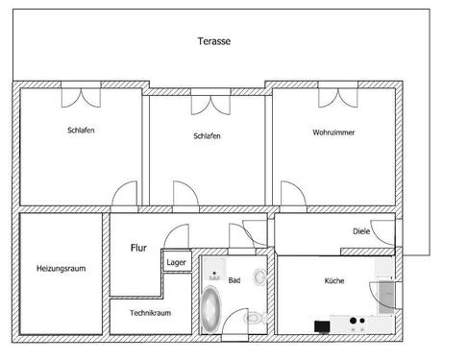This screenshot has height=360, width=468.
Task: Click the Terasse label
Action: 213,41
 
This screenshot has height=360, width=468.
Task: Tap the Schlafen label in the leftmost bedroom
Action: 81,131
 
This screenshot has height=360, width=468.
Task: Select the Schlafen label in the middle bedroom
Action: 207,136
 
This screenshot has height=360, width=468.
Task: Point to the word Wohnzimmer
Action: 333,132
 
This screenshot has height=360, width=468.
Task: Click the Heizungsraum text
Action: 61,268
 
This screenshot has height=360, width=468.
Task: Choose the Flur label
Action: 138,247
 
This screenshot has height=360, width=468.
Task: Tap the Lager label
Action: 176,262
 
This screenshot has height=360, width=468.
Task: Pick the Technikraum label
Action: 151,314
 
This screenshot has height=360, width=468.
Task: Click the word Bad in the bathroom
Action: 234,280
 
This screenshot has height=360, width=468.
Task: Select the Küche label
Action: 333,280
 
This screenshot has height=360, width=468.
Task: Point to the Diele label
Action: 360,231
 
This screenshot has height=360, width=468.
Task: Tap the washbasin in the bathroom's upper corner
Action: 213,266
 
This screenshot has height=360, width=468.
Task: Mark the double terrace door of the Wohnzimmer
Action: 333,96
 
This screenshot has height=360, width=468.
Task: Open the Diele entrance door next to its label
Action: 382,232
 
